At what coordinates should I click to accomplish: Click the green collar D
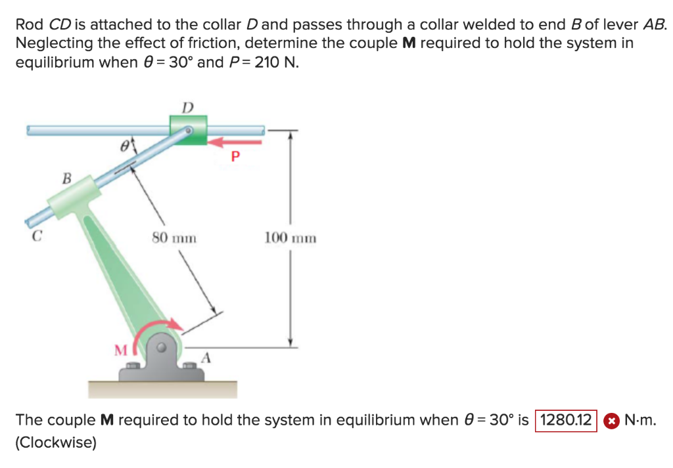188,129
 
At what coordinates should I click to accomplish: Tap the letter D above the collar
187,107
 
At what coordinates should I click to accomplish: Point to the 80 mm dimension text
174,237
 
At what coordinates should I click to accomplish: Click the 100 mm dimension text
290,237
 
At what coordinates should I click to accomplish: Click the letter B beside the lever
66,177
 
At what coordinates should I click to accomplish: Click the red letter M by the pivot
121,351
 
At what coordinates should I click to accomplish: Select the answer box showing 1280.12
566,419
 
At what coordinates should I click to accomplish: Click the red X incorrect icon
611,420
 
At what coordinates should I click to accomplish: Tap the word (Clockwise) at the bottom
56,442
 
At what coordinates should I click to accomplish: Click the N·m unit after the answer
641,419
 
